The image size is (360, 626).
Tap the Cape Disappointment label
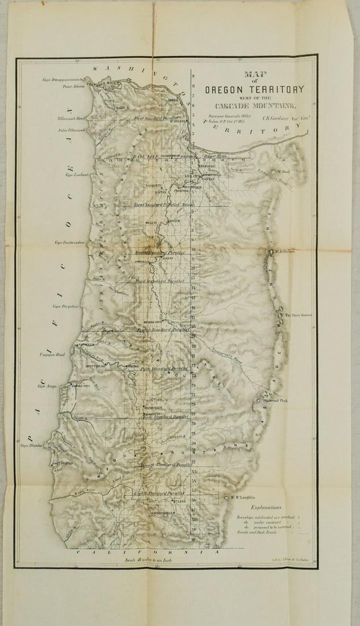click(63, 80)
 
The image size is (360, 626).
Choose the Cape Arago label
click(49, 386)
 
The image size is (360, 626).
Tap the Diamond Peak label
click(275, 401)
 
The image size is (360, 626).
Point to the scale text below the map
click(151, 559)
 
